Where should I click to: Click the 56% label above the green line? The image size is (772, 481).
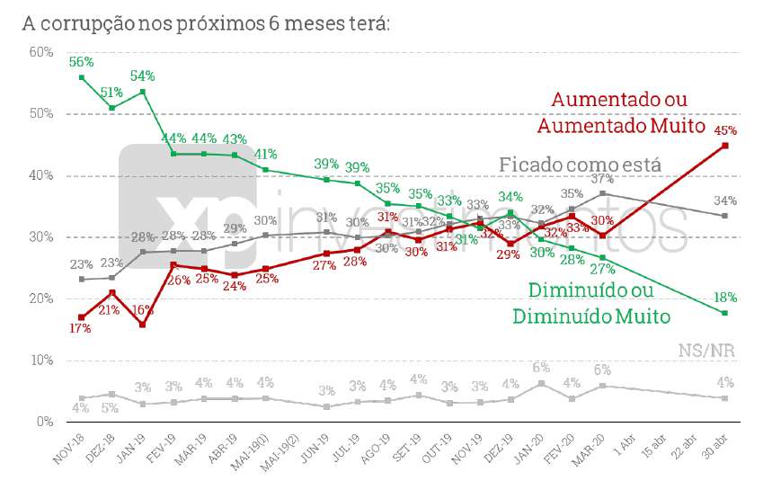coord(82,62)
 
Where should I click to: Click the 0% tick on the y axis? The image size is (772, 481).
coord(46,422)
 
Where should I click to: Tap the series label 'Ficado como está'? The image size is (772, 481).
coord(580,165)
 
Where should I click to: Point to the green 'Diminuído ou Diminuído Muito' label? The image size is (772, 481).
coord(592,303)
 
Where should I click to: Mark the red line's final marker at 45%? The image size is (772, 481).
coord(725,146)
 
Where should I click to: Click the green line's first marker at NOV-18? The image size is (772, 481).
coord(82,77)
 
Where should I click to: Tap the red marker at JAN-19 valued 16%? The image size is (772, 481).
coord(142,324)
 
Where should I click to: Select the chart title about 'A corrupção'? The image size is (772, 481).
coord(206,22)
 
